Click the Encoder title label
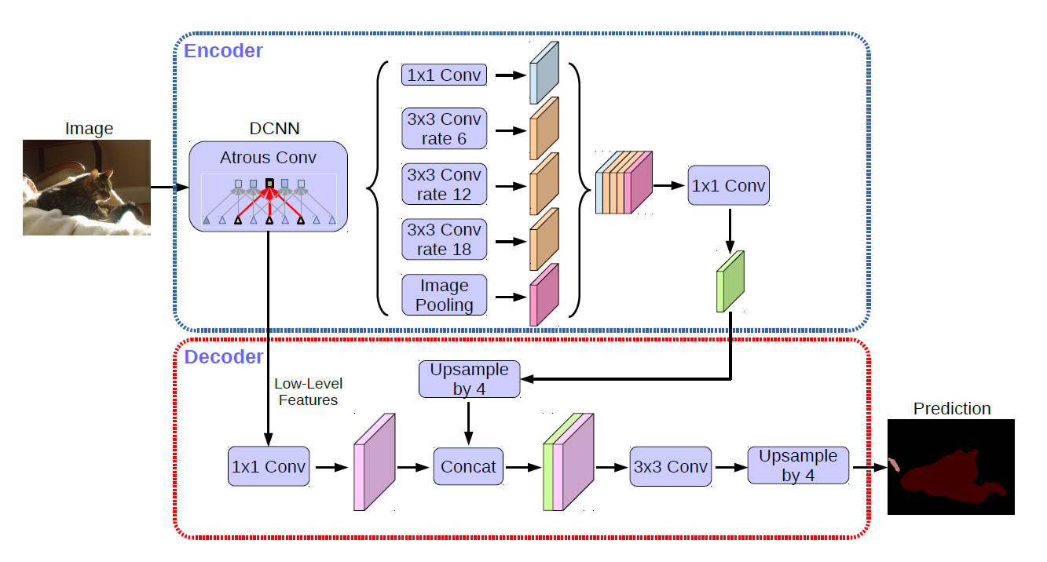[x=223, y=51]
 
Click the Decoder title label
[x=224, y=357]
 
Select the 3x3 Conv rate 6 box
[x=444, y=130]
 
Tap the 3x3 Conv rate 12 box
[x=444, y=184]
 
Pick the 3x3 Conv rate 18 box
[x=444, y=239]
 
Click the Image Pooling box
[x=444, y=295]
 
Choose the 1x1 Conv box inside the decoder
[x=268, y=467]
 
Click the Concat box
[x=468, y=467]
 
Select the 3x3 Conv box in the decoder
[x=670, y=467]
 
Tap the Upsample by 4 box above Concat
[x=469, y=379]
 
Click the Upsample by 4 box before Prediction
[x=797, y=465]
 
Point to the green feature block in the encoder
[x=730, y=282]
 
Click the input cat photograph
[x=86, y=188]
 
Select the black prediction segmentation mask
[x=950, y=467]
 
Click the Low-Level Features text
[x=308, y=392]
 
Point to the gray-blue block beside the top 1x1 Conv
[x=544, y=73]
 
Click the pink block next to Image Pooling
[x=544, y=295]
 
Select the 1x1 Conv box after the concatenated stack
[x=728, y=186]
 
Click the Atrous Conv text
[x=268, y=157]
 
